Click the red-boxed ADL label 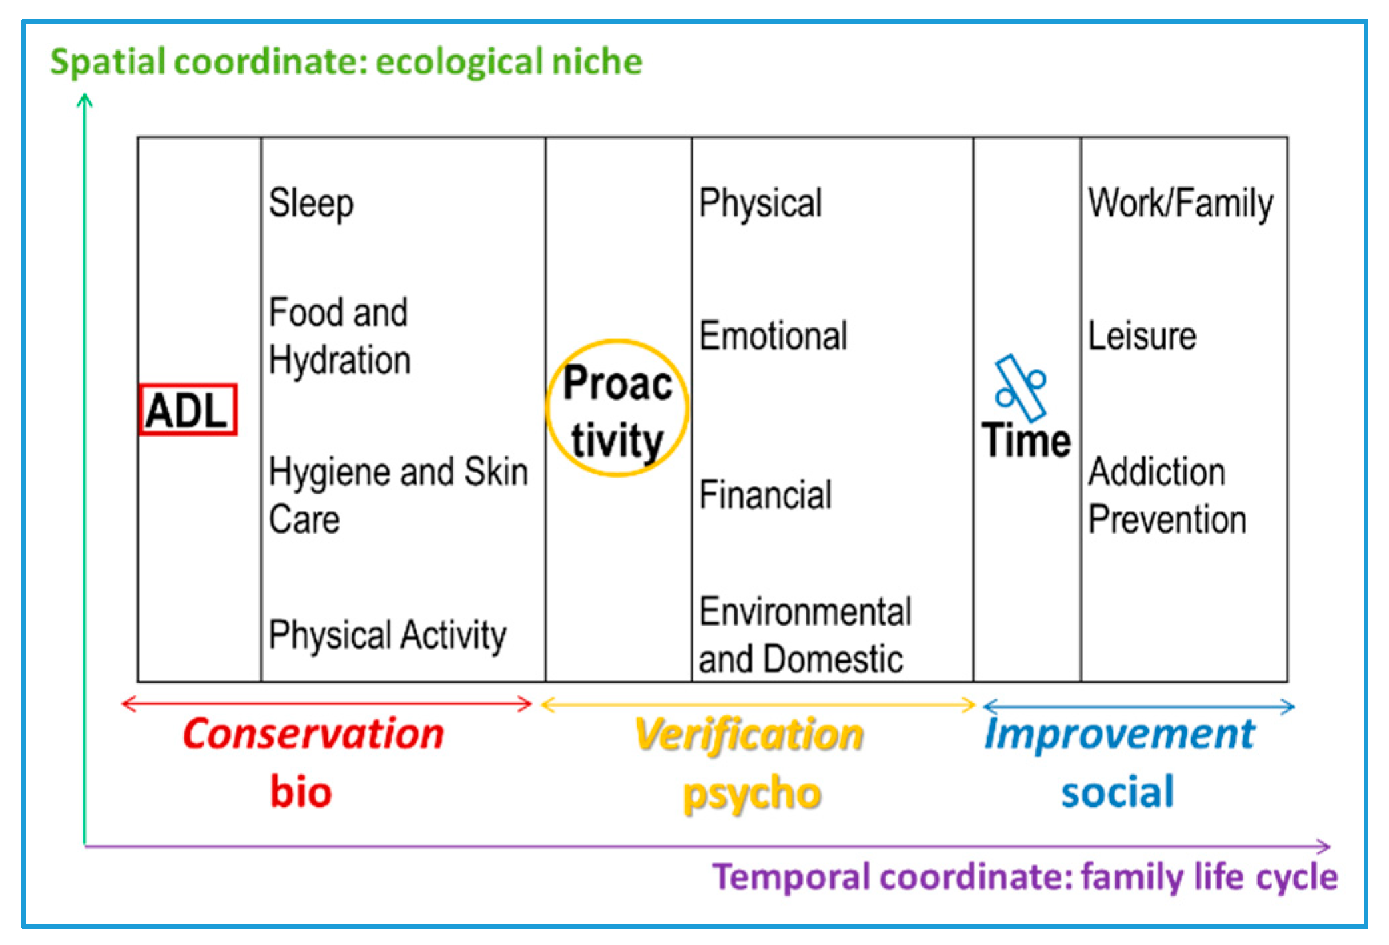tap(188, 409)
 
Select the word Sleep tap(311, 204)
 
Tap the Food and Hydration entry tap(340, 337)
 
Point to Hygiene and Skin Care tap(398, 495)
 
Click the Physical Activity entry tap(388, 635)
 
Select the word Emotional tap(773, 335)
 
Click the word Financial tap(765, 495)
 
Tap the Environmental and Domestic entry tap(805, 635)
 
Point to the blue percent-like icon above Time tap(1021, 388)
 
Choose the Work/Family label tap(1181, 203)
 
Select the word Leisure tap(1142, 335)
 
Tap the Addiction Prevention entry tap(1167, 495)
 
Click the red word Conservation tap(314, 734)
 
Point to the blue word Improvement tap(1120, 735)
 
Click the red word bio tap(301, 791)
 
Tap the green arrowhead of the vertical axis tap(85, 100)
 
